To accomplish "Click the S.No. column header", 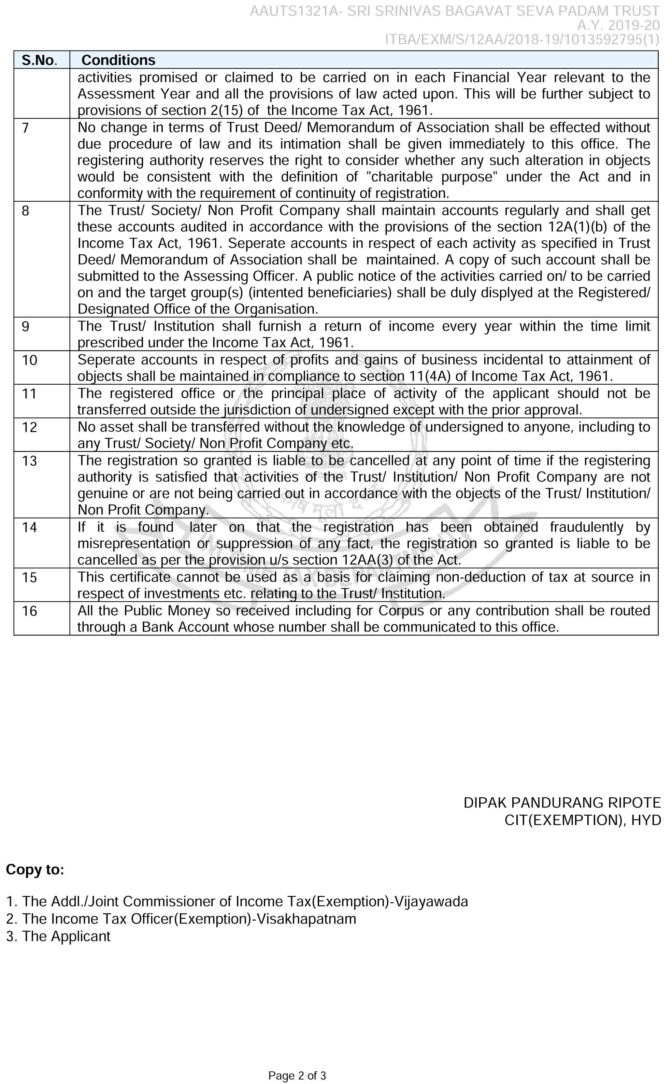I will point(39,60).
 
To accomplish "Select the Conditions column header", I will point(118,60).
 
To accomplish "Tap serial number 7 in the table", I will point(25,128).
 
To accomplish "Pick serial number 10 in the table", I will point(29,360).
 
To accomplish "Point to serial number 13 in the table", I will point(29,461).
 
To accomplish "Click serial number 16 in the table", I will point(29,611).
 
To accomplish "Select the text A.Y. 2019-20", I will point(618,25).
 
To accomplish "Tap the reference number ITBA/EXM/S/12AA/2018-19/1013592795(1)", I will point(522,40).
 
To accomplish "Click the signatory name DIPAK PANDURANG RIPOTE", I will point(562,803).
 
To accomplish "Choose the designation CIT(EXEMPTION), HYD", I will point(582,820).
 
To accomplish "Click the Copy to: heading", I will point(35,870).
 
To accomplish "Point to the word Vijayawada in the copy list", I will point(431,901).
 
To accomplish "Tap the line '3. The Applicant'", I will point(58,936).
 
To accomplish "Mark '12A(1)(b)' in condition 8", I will point(578,227).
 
